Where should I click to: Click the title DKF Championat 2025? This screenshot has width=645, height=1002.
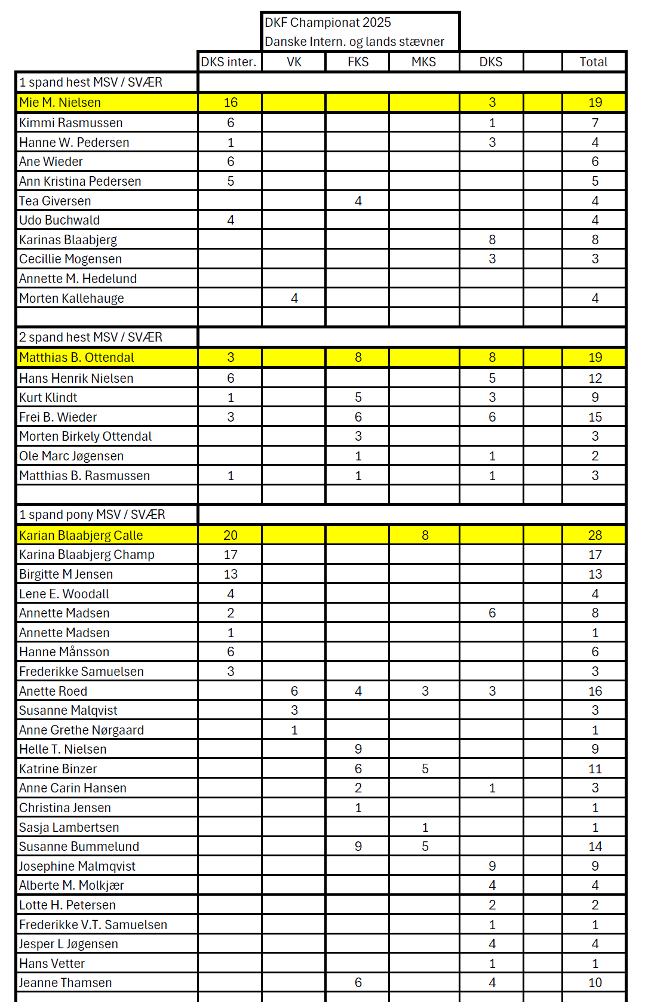coord(328,23)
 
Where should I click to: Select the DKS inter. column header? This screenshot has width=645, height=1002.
coord(229,62)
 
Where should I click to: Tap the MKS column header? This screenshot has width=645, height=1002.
coord(423,62)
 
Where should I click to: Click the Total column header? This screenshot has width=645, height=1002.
coord(593,62)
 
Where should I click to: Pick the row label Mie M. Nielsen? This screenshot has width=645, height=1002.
coord(60,103)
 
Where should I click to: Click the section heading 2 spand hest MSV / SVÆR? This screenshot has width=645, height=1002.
coord(91,337)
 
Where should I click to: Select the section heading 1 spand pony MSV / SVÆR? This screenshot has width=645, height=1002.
coord(92,515)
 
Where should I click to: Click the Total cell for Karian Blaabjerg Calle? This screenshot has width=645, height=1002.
coord(595,536)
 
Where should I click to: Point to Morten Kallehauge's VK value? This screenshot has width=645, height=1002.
coord(294,299)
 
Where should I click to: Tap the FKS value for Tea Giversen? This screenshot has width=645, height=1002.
coord(358,201)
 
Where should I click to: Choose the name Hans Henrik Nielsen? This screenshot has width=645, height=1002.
coord(76,379)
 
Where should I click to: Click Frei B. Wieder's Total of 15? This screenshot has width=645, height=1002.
coord(595,417)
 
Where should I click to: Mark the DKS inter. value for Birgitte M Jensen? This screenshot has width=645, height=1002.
coord(231,574)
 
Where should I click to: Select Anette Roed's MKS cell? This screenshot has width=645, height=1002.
coord(425,691)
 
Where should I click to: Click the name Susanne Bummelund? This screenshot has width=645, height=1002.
coord(79,847)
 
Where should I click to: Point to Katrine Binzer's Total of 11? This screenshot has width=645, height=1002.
coord(595,769)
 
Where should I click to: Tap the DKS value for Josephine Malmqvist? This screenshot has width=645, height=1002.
coord(492,866)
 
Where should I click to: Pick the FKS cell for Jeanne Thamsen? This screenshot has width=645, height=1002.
coord(358,983)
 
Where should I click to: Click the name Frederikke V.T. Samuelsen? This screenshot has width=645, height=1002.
coord(93,925)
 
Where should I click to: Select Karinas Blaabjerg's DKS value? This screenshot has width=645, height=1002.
coord(492,240)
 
